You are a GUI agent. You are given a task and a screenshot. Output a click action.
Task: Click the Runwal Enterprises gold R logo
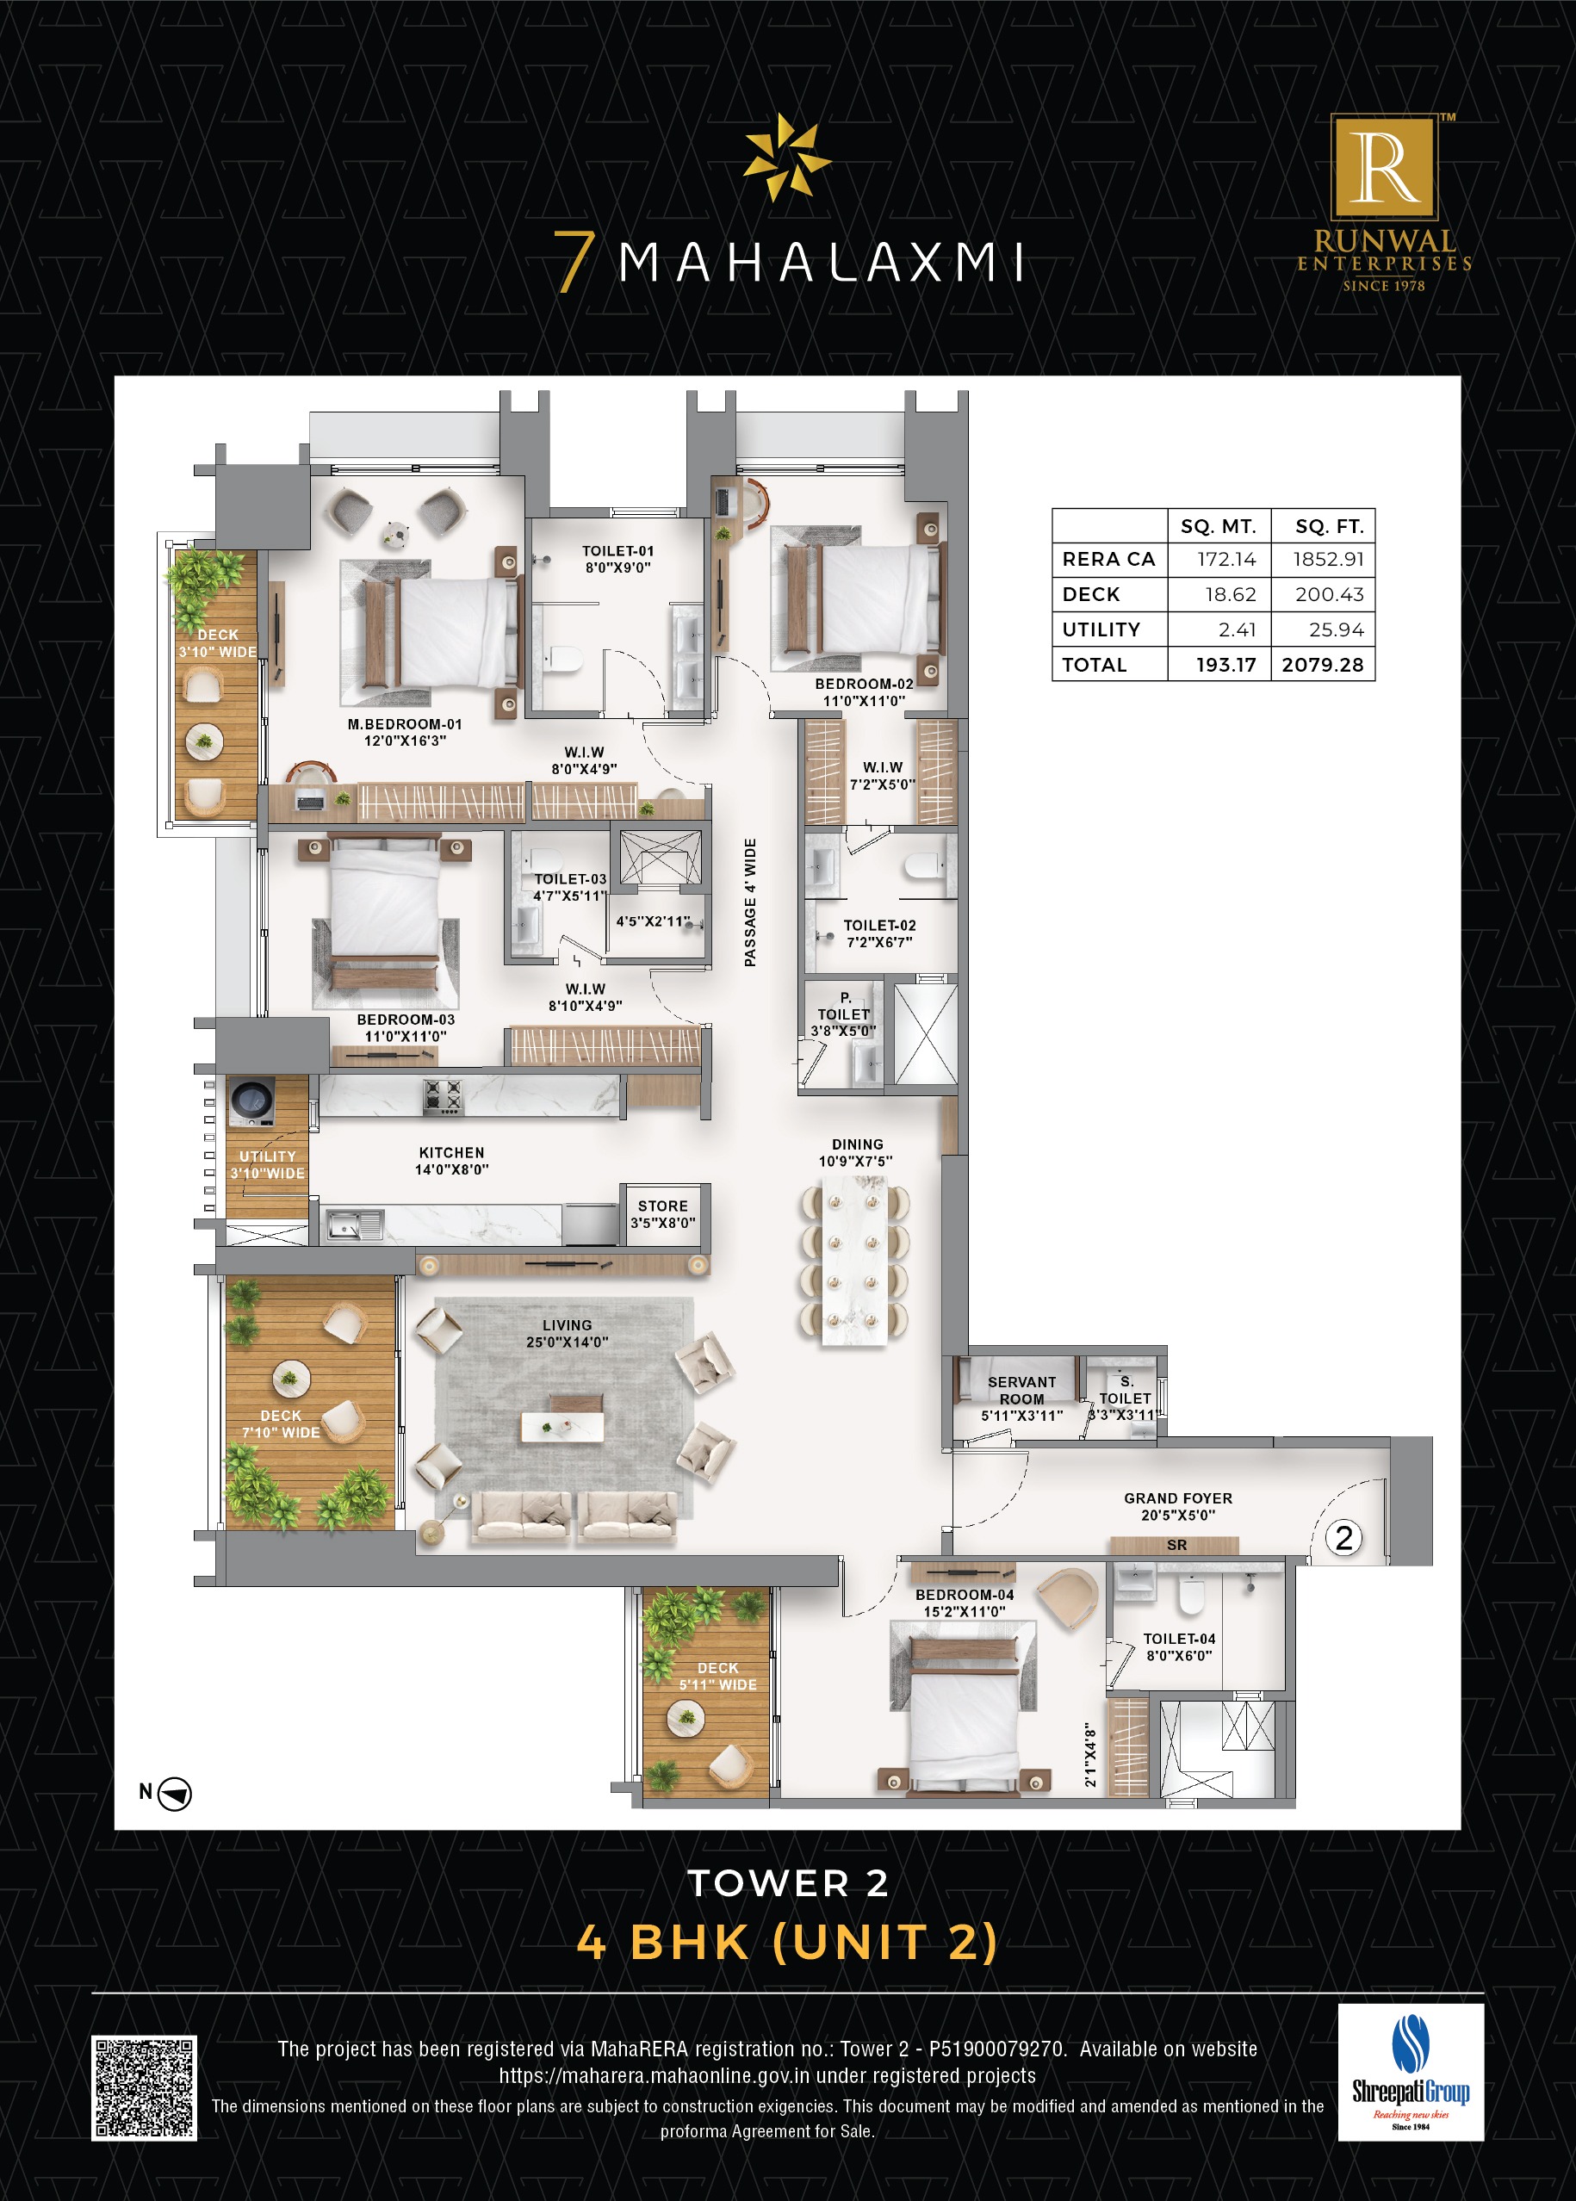point(1384,167)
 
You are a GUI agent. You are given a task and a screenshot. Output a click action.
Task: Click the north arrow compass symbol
point(175,1794)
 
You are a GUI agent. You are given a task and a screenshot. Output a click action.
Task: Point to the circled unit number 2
point(1344,1537)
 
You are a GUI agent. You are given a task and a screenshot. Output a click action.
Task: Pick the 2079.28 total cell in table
point(1322,665)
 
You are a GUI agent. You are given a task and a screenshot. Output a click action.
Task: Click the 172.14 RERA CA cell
point(1225,559)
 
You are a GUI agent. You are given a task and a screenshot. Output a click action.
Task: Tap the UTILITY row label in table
point(1101,629)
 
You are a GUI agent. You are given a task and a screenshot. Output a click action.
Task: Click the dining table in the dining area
point(854,1261)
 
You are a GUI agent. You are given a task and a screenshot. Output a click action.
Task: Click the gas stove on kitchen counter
point(444,1095)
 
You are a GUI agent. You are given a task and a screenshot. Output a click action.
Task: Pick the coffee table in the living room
point(563,1427)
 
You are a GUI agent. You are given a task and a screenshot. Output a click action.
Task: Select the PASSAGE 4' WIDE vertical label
point(749,902)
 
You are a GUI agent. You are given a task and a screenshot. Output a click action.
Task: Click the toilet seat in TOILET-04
point(1191,1595)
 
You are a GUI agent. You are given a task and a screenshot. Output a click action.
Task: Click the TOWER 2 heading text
point(788,1883)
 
